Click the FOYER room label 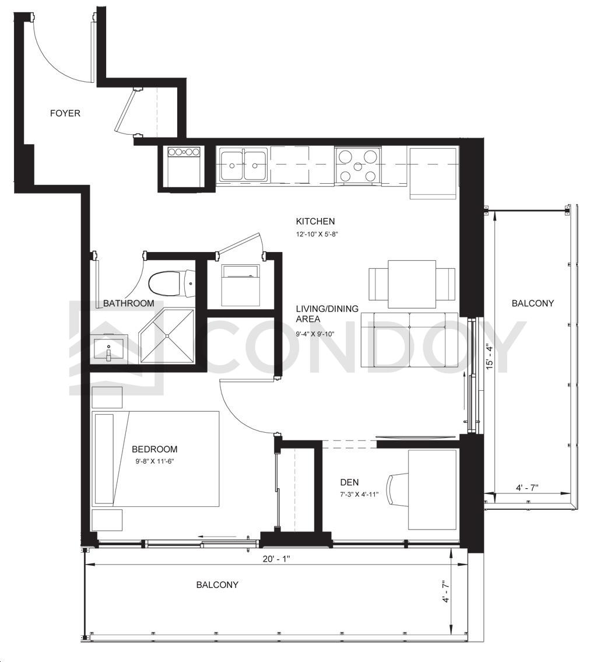pos(65,113)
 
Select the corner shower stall pos(167,336)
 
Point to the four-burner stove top pos(358,166)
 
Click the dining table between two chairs pos(412,284)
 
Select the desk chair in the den pos(398,489)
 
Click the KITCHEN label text pos(315,221)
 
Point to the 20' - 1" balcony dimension pos(276,559)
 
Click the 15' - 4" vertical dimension pos(489,358)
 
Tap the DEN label pos(349,482)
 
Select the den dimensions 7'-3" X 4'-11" pos(359,495)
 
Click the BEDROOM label pos(154,449)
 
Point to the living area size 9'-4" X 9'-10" pos(315,334)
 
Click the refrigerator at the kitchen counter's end pos(433,173)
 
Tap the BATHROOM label pos(129,303)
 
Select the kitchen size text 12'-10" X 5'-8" pos(317,234)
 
